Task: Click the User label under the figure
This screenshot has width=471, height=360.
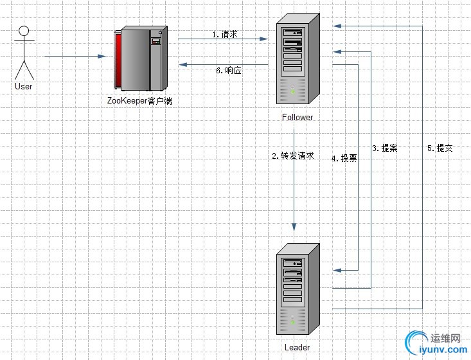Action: point(23,86)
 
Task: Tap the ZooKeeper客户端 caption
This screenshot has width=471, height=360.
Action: point(140,101)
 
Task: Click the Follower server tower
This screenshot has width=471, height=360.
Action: point(298,62)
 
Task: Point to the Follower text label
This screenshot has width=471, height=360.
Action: point(298,117)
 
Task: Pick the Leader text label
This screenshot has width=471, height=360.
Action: point(297,348)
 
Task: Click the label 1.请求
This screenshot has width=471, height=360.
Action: point(225,34)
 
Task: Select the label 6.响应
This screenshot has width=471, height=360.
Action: point(229,71)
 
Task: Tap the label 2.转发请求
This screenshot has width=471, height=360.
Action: point(292,156)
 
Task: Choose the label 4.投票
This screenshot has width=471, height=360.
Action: point(344,158)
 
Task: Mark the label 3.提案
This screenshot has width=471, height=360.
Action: point(384,148)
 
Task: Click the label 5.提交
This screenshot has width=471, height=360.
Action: point(440,148)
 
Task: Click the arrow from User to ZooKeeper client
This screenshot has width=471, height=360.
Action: point(74,57)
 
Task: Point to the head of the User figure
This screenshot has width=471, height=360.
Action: point(24,30)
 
